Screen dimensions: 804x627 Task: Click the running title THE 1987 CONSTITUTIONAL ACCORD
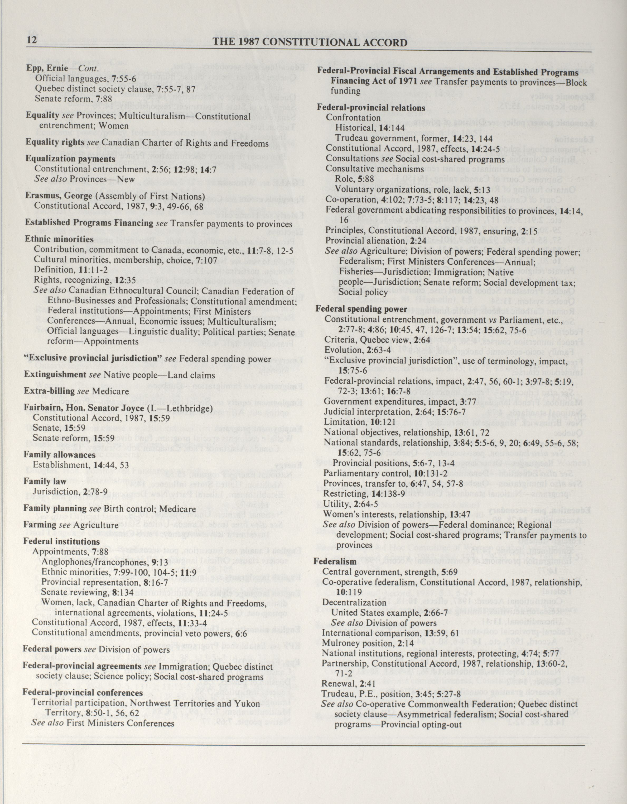310,43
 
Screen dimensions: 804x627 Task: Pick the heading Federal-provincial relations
371,108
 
